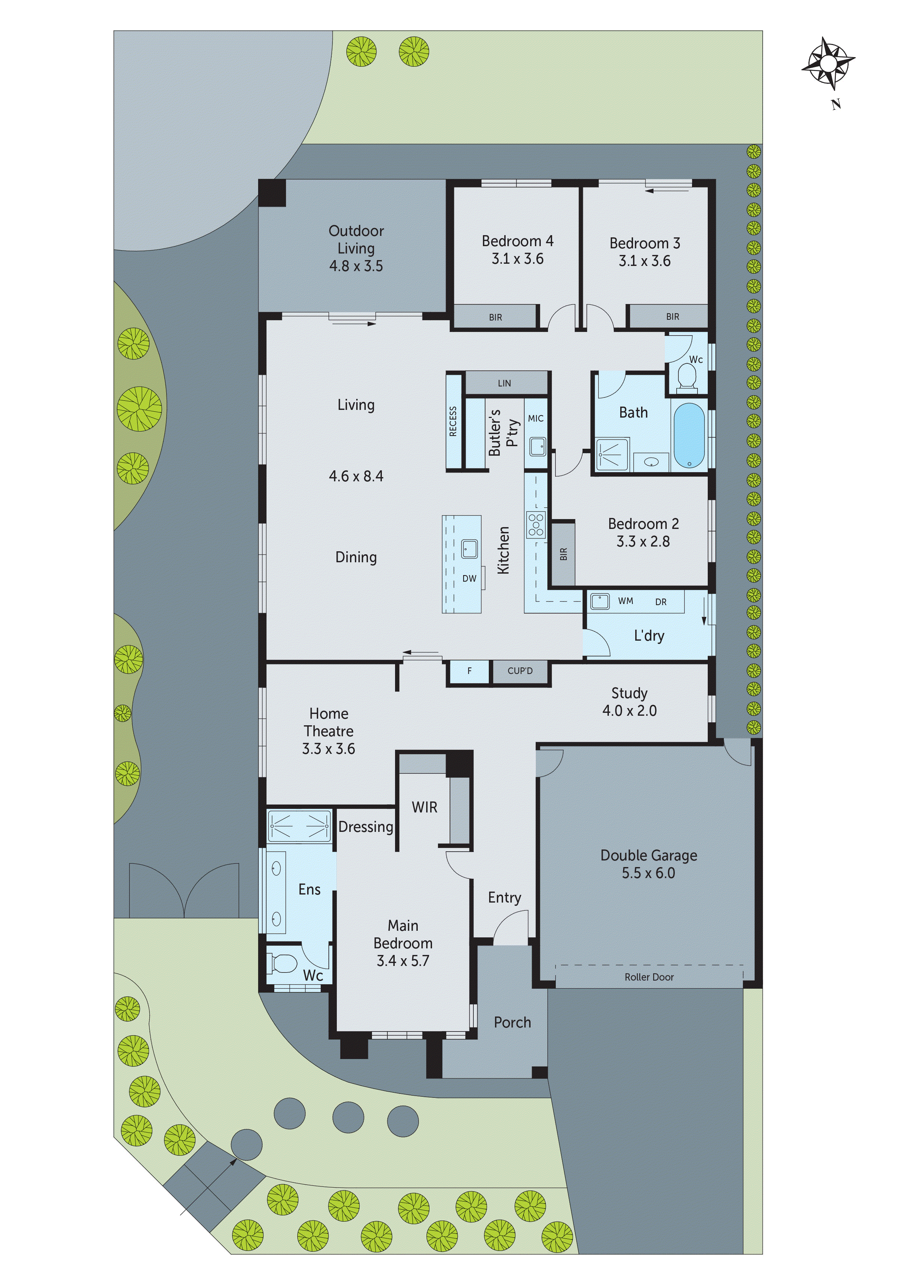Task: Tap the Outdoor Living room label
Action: tap(356, 248)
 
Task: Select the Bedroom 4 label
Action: tap(517, 241)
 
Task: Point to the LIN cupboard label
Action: tap(504, 384)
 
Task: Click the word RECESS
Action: tap(453, 421)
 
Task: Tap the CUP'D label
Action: tap(520, 670)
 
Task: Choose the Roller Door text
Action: tap(649, 977)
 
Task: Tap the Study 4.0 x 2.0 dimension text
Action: tap(629, 711)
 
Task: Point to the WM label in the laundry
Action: tap(625, 601)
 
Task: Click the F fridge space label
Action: tap(469, 670)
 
